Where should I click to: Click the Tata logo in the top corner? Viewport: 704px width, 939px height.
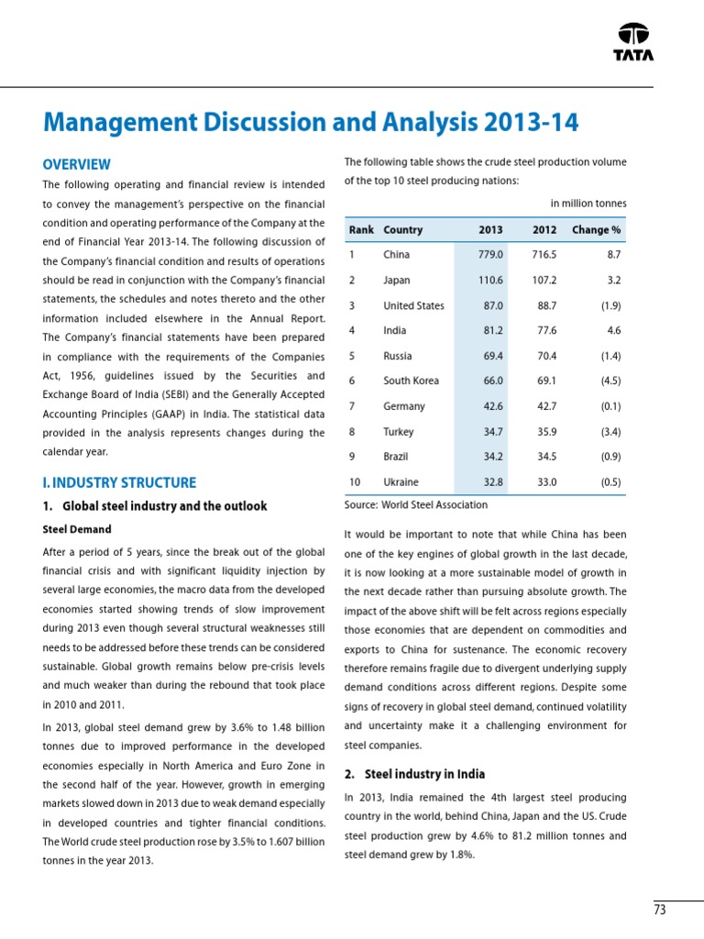(633, 40)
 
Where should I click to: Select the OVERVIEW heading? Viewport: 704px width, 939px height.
(77, 165)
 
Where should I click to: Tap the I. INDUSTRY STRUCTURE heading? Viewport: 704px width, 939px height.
(119, 482)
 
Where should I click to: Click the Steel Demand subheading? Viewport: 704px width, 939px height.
(77, 529)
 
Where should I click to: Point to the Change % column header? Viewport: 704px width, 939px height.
(596, 229)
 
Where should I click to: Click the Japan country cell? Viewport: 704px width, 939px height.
(397, 281)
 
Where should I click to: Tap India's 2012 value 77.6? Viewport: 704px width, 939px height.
(544, 330)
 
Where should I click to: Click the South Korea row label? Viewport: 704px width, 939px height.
(411, 381)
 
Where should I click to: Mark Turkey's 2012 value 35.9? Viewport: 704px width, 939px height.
(544, 431)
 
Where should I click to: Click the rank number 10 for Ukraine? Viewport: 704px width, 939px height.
(355, 481)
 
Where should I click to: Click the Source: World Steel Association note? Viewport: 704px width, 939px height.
(415, 504)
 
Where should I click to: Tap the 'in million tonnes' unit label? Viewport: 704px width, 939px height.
(588, 203)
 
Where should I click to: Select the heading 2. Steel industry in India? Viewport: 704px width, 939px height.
(414, 774)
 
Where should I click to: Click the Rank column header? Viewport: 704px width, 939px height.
(361, 229)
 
